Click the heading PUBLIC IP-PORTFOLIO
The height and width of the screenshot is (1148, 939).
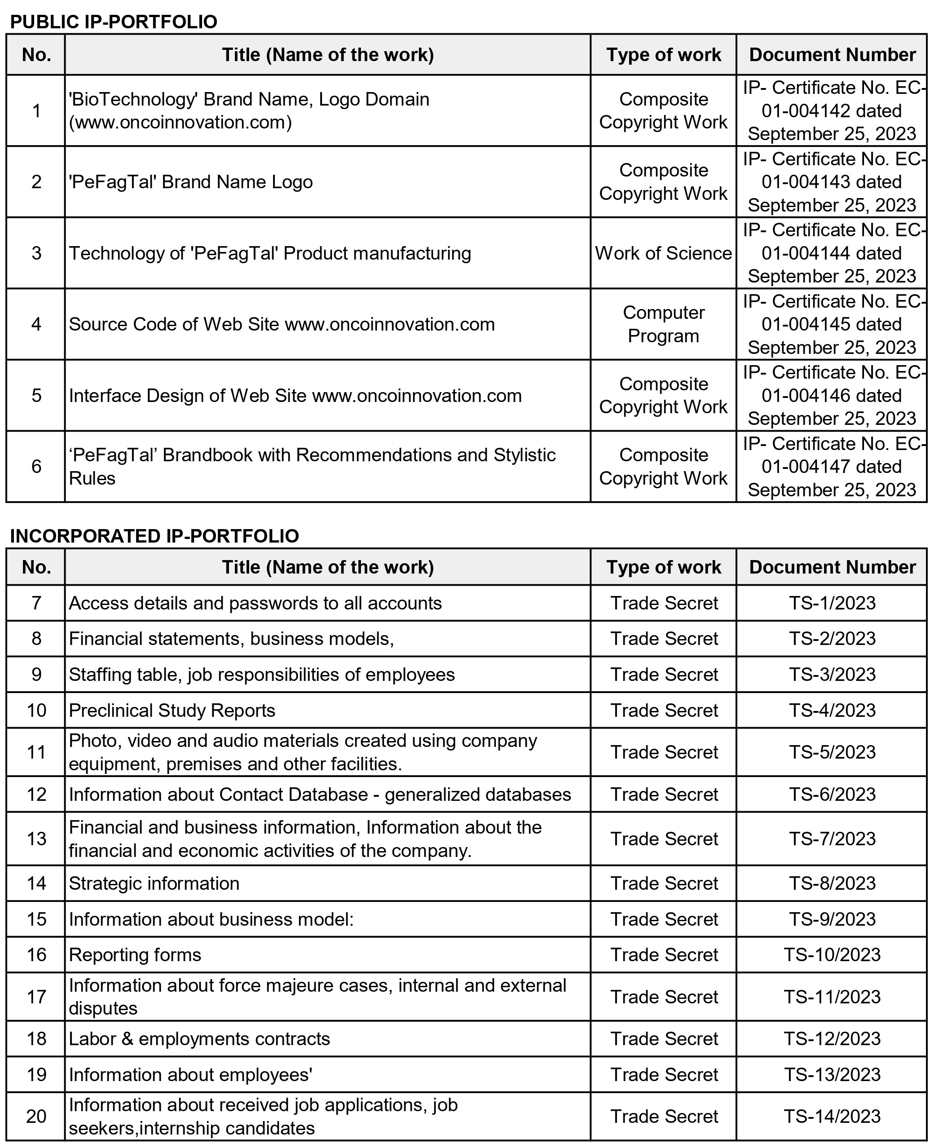click(114, 22)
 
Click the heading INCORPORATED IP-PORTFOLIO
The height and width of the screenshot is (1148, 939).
click(154, 535)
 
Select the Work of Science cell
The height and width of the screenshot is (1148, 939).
click(663, 253)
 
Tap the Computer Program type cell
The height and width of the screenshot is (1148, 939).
click(663, 324)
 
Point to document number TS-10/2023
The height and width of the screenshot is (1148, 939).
click(832, 954)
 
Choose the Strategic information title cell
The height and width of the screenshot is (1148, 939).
click(154, 883)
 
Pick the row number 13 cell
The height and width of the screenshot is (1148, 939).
click(36, 839)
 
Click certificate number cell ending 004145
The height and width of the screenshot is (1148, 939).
click(832, 324)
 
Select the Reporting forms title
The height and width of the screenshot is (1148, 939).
click(135, 954)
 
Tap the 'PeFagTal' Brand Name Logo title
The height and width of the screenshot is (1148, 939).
click(191, 182)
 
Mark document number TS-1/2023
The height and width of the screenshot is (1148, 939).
click(832, 603)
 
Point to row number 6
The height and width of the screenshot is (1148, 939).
click(36, 466)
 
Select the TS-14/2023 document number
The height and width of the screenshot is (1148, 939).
click(832, 1116)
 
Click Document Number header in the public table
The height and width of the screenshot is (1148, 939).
click(832, 55)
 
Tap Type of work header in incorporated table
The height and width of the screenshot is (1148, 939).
click(663, 567)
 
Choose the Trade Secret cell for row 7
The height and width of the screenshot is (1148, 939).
click(663, 603)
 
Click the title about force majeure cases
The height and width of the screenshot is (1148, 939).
click(317, 997)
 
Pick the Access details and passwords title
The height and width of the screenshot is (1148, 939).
click(256, 603)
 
